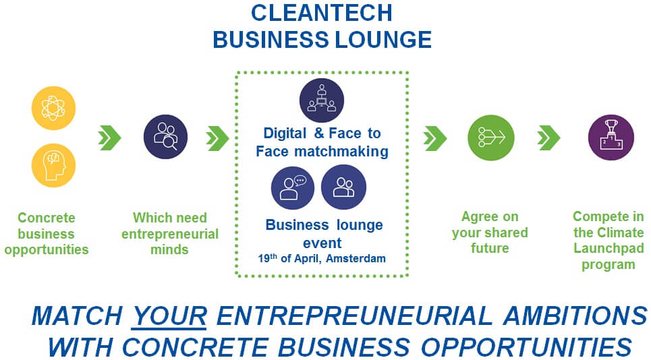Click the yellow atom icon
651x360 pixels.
[x=54, y=108]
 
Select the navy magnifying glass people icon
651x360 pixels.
[x=165, y=137]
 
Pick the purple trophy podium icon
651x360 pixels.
[x=611, y=138]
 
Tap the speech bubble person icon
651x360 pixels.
[x=293, y=187]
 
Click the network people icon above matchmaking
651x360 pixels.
[x=322, y=100]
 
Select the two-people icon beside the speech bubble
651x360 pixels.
[x=343, y=187]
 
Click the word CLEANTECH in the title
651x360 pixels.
[x=321, y=13]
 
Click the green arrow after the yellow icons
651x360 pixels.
[x=109, y=138]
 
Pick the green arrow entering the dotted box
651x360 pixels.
[x=217, y=138]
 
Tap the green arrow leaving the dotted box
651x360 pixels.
[x=435, y=138]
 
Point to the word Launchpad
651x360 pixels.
[x=608, y=249]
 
